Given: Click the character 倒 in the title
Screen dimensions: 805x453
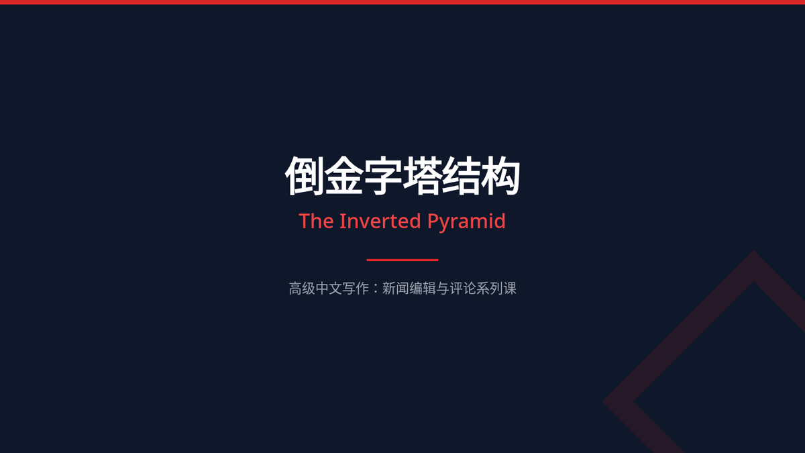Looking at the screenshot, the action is tap(305, 176).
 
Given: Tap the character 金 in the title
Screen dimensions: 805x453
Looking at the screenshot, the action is tap(343, 176).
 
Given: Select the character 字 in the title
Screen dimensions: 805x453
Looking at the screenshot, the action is tap(383, 176).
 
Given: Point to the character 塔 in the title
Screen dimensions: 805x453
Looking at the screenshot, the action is tap(422, 176).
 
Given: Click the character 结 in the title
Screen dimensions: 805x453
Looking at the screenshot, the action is tap(461, 176).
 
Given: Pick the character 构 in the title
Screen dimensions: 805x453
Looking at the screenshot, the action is tap(500, 176).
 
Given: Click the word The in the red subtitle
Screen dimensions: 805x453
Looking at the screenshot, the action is tap(316, 221).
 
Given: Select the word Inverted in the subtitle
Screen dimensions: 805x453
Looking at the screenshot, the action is tap(380, 221).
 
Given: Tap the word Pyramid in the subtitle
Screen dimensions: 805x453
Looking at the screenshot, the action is tap(466, 222).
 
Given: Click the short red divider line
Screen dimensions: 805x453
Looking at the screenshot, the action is tap(402, 260).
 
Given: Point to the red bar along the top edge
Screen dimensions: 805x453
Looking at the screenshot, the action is tap(402, 2).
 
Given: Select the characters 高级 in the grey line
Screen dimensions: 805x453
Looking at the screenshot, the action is tap(302, 289).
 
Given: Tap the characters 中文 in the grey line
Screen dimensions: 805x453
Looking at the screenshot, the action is tap(329, 289).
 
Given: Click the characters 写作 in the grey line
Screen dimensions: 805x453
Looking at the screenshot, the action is tap(355, 289).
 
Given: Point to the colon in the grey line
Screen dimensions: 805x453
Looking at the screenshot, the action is tap(376, 289).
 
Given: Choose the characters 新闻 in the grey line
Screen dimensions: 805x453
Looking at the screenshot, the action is tap(395, 289).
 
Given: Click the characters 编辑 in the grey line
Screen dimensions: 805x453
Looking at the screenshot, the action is tap(422, 289).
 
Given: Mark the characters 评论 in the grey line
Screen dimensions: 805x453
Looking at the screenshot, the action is tap(463, 289).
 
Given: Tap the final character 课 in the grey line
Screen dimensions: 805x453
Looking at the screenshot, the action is tap(510, 289).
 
